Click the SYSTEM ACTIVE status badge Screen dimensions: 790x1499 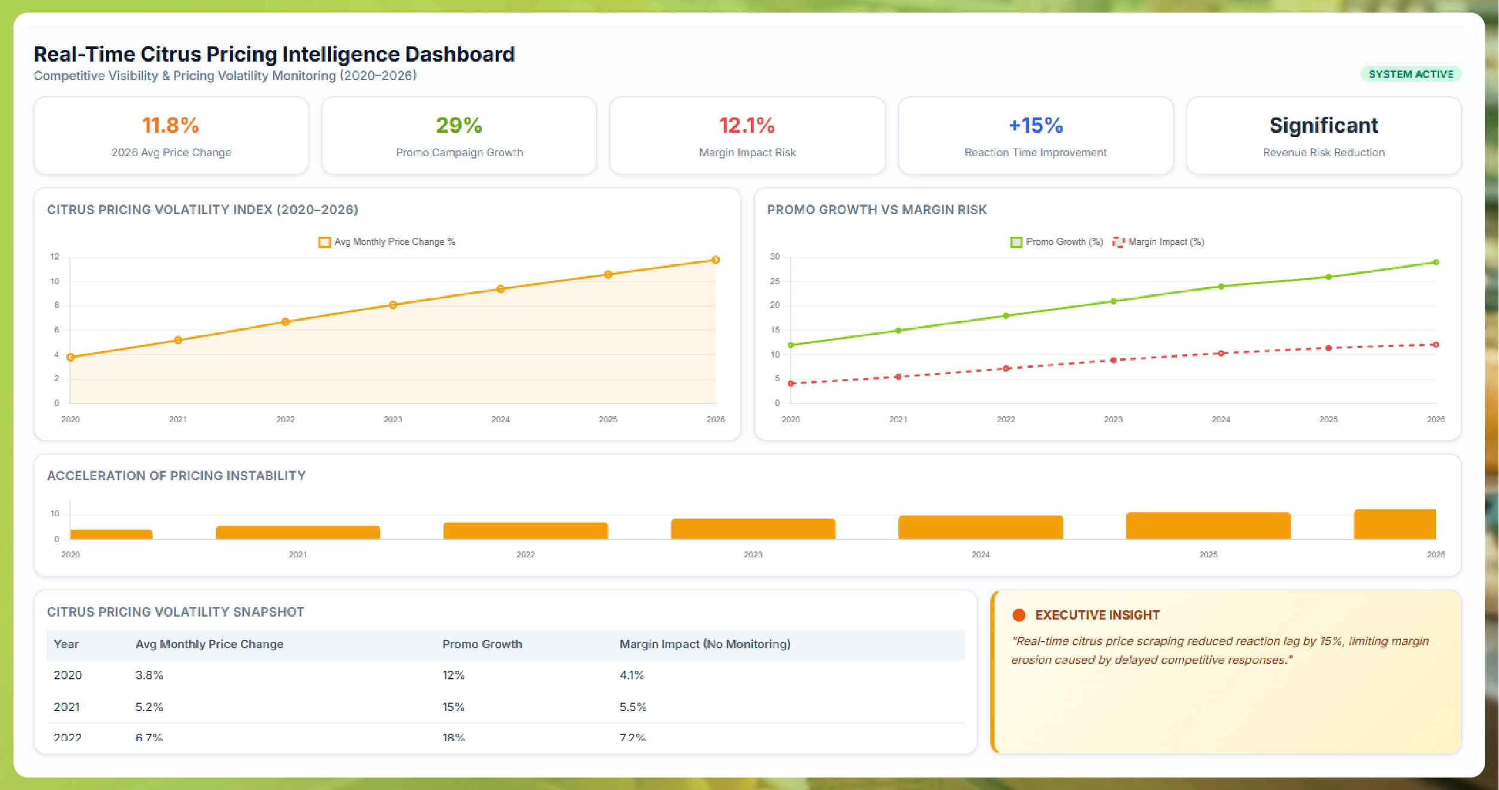pyautogui.click(x=1410, y=74)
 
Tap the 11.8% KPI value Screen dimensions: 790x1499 pyautogui.click(x=171, y=126)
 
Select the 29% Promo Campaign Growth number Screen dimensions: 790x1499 pyautogui.click(x=459, y=126)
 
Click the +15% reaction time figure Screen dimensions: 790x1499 pyautogui.click(x=1035, y=126)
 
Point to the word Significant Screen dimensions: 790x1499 pyautogui.click(x=1323, y=126)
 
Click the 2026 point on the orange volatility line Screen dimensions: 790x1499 pyautogui.click(x=715, y=260)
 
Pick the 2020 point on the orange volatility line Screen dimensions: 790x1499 pyautogui.click(x=71, y=358)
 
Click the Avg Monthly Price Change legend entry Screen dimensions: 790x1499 pyautogui.click(x=387, y=242)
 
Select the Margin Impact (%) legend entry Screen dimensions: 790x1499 pyautogui.click(x=1159, y=242)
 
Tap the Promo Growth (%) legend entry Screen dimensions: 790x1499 pyautogui.click(x=1057, y=242)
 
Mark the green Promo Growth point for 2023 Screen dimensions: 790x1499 pyautogui.click(x=1113, y=301)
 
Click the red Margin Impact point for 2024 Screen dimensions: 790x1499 pyautogui.click(x=1221, y=353)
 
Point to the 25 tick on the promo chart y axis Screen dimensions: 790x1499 pyautogui.click(x=775, y=281)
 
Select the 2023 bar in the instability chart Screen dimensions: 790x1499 pyautogui.click(x=753, y=529)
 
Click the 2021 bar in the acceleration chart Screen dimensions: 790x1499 pyautogui.click(x=297, y=533)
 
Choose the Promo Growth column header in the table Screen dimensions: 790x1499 pyautogui.click(x=482, y=644)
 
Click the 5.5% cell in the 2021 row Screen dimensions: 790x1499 pyautogui.click(x=633, y=707)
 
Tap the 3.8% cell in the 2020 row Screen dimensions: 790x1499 pyautogui.click(x=149, y=675)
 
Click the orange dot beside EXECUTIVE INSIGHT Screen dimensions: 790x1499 pyautogui.click(x=1018, y=615)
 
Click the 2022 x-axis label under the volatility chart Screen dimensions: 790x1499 pyautogui.click(x=285, y=419)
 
